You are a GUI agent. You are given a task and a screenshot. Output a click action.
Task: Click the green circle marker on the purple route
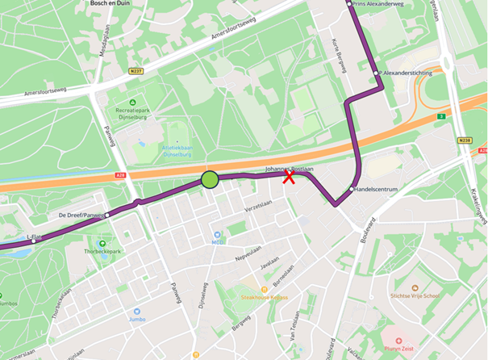point(210,179)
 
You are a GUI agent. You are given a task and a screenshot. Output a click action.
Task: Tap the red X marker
point(288,178)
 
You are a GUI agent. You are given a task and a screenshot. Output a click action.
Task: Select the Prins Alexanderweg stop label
point(378,5)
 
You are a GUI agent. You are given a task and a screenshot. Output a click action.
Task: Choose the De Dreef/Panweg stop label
point(81,216)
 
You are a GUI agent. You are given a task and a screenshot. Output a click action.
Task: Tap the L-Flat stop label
point(34,236)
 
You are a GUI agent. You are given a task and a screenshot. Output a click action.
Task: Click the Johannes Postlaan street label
point(289,169)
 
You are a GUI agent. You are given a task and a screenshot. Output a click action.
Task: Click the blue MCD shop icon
point(216,233)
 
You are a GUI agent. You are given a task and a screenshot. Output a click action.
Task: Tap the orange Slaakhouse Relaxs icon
point(264,289)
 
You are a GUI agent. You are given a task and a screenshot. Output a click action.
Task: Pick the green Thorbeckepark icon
point(102,243)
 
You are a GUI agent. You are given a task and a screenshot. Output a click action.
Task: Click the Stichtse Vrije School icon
point(415,287)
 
